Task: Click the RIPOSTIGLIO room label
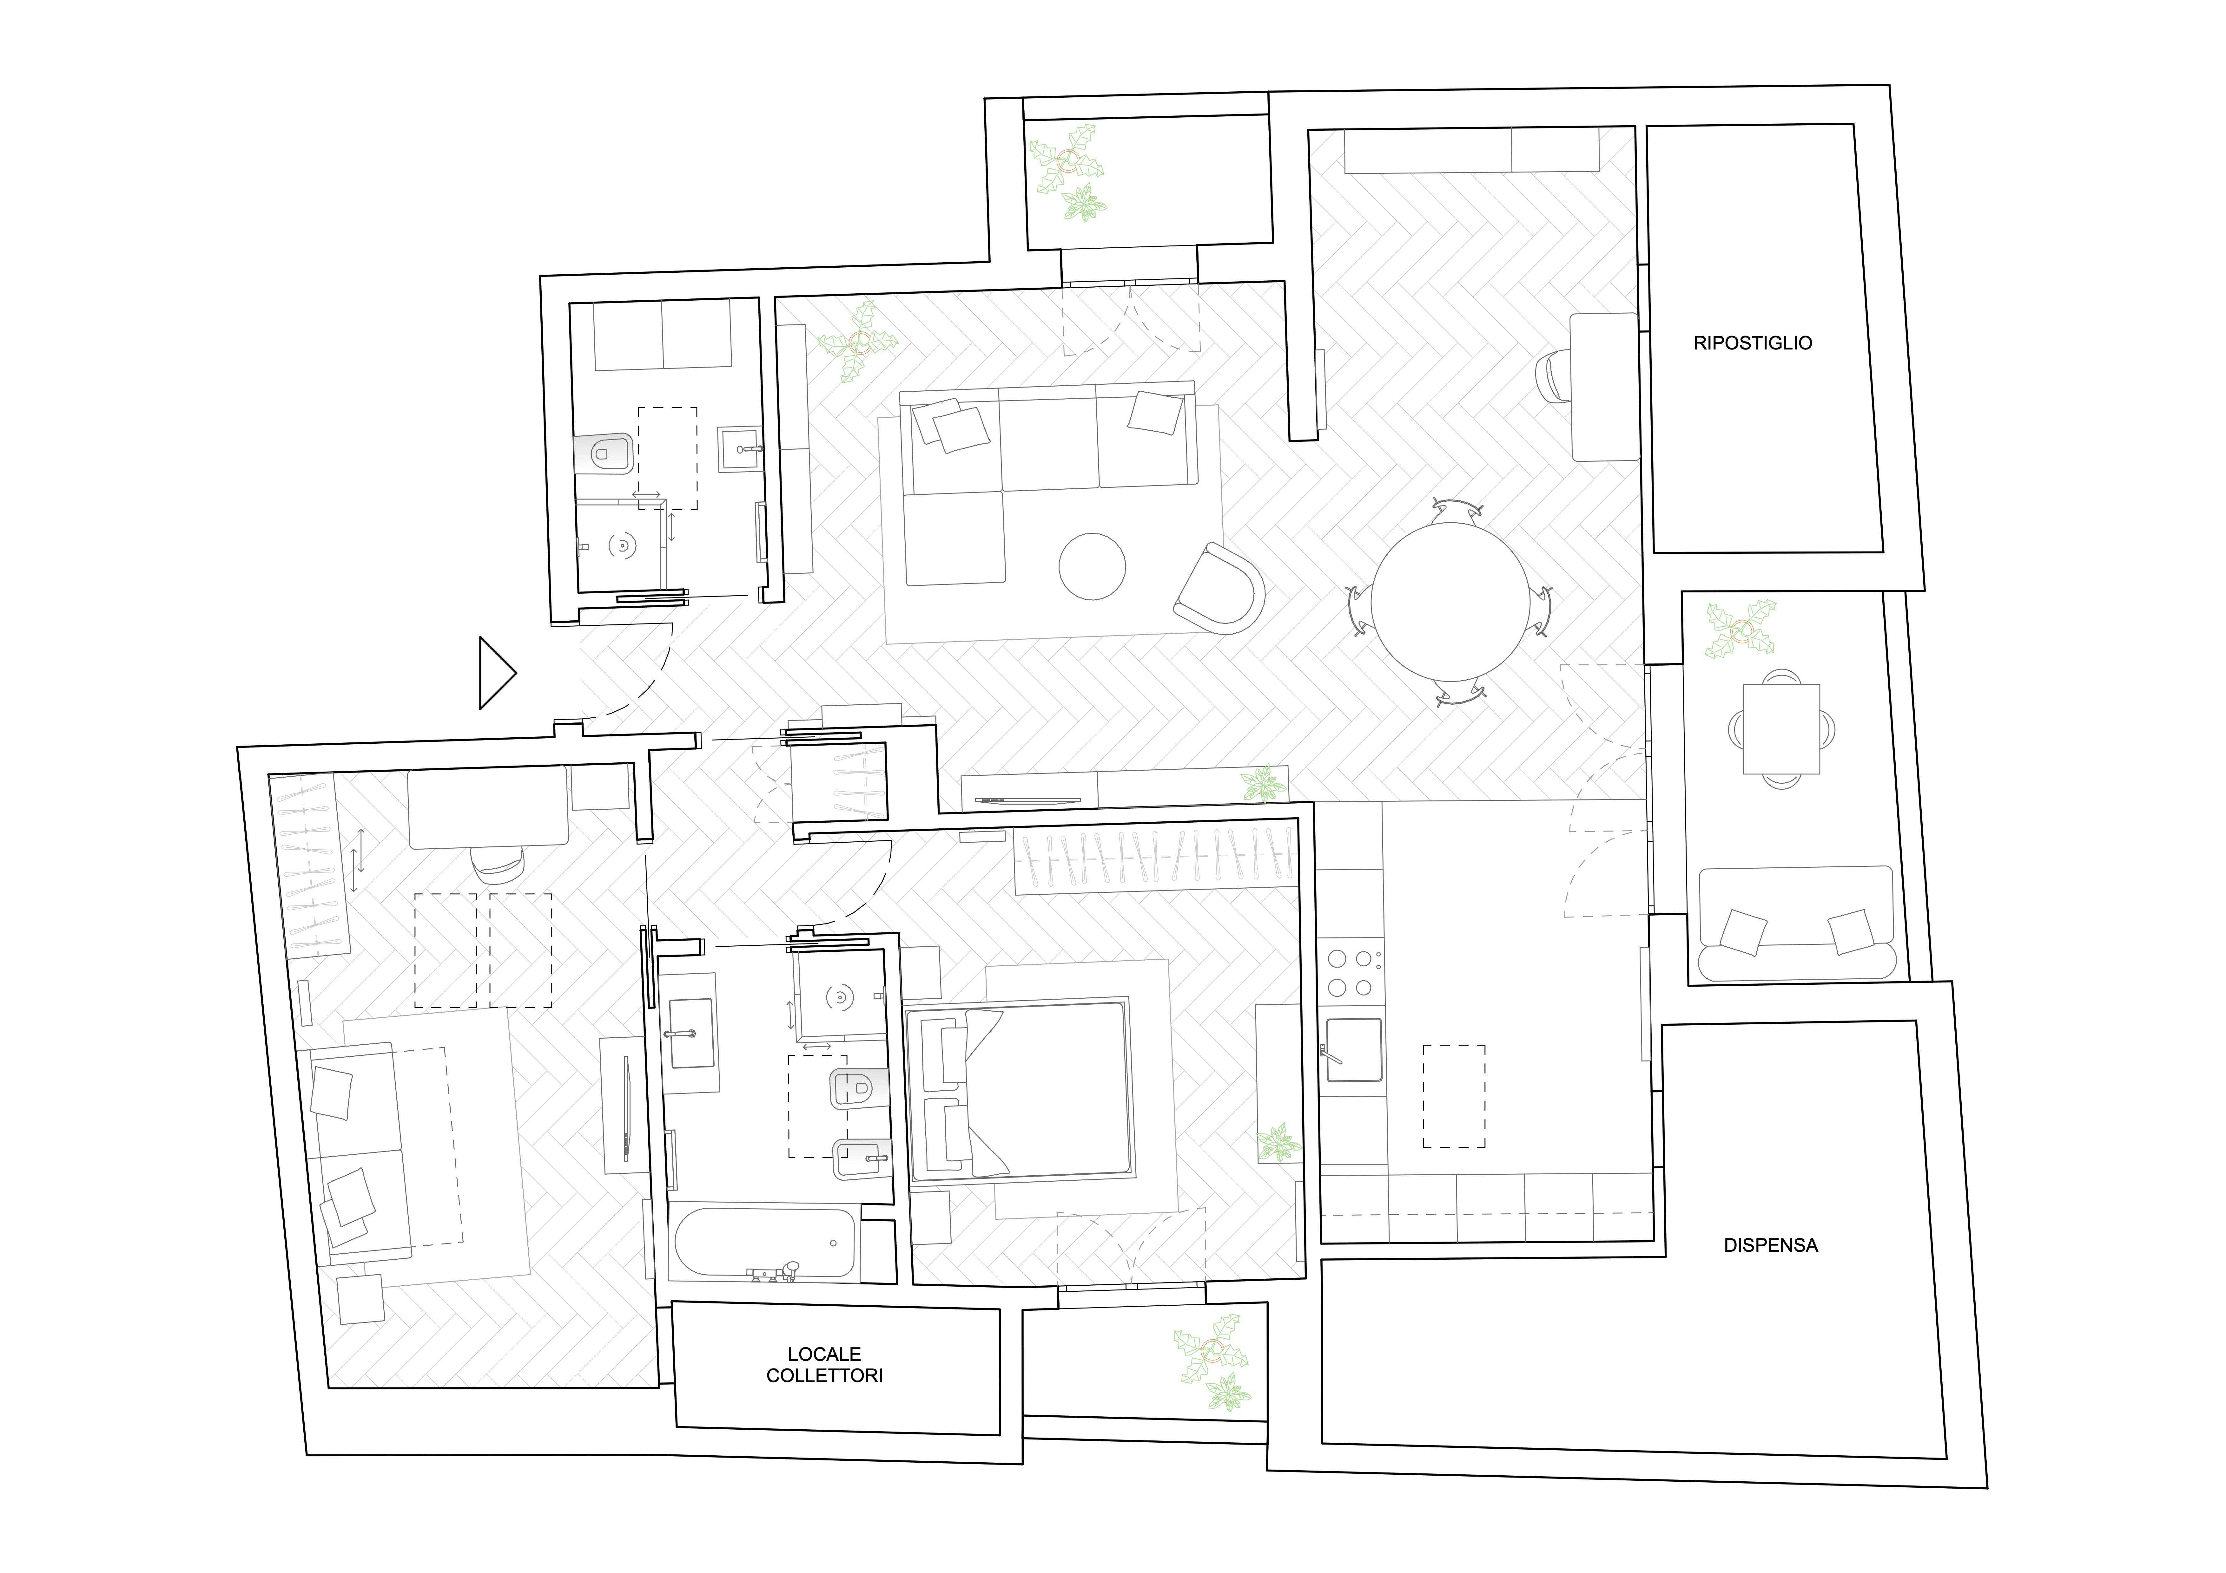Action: click(x=1752, y=343)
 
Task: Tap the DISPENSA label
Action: click(x=1770, y=1245)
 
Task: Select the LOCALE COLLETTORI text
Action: click(x=824, y=1365)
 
